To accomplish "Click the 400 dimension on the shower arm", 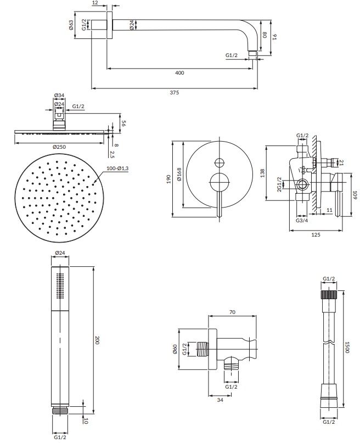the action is (179, 73).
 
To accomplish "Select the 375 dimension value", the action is (174, 92).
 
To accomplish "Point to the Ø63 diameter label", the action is (71, 25).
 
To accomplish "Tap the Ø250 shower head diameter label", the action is (59, 147).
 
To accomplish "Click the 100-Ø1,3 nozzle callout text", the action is (117, 169).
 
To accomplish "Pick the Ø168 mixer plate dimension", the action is (179, 175).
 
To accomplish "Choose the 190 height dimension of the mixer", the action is (168, 179).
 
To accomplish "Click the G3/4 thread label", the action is (302, 220).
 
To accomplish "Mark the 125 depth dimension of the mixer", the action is (316, 234).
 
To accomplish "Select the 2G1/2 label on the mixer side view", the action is (279, 184).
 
